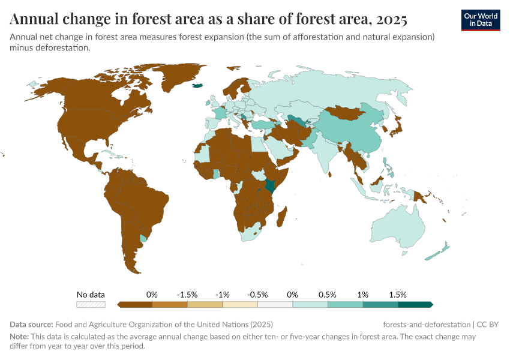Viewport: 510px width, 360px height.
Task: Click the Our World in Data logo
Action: (481, 19)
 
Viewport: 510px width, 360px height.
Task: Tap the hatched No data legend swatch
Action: (91, 305)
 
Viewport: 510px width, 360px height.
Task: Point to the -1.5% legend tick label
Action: (187, 295)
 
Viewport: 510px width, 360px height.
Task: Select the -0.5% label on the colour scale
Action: (257, 295)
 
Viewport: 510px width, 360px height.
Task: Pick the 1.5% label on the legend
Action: (398, 295)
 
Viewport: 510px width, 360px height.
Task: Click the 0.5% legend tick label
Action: (328, 295)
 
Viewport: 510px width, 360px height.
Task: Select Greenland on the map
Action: (174, 78)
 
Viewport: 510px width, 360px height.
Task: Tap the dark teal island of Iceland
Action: (198, 86)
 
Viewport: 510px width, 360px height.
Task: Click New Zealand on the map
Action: (440, 251)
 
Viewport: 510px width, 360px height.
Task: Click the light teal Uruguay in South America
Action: (143, 238)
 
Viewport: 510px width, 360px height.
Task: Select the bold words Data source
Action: (31, 325)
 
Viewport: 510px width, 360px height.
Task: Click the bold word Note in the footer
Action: (20, 337)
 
